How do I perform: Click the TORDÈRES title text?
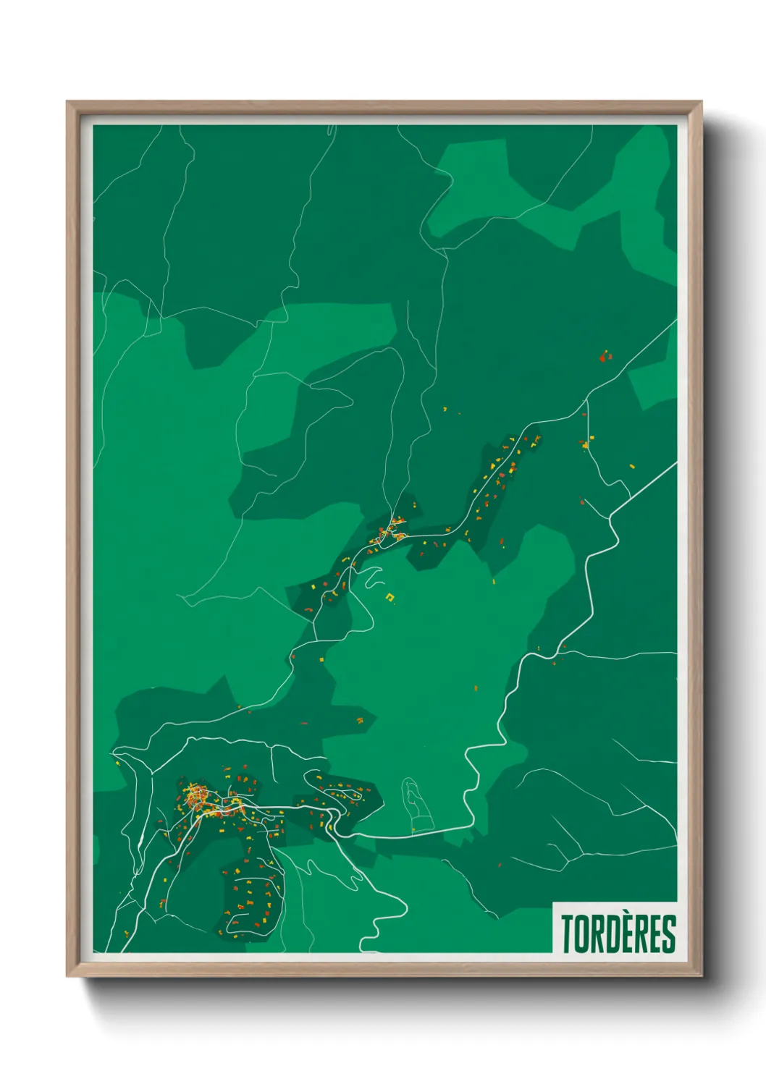(x=618, y=934)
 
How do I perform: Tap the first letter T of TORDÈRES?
(x=567, y=934)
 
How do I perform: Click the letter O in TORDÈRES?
(x=581, y=934)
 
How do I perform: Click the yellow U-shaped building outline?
(x=391, y=597)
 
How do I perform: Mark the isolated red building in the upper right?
(x=604, y=356)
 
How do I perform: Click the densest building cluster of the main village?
(x=195, y=800)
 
